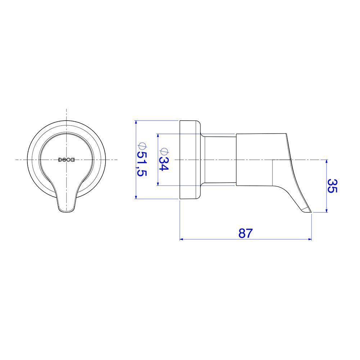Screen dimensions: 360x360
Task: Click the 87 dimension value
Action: [246, 233]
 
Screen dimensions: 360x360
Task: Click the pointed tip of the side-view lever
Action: [310, 212]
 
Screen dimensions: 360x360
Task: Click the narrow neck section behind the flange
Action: [218, 159]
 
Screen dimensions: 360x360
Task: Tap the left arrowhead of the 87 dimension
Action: [181, 239]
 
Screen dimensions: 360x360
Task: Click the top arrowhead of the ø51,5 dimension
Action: [136, 122]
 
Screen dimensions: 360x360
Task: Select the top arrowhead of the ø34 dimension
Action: [158, 135]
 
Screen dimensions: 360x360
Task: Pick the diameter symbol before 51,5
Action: [141, 147]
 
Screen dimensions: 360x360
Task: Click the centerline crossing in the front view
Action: [67, 159]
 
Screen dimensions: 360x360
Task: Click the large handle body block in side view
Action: [256, 159]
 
